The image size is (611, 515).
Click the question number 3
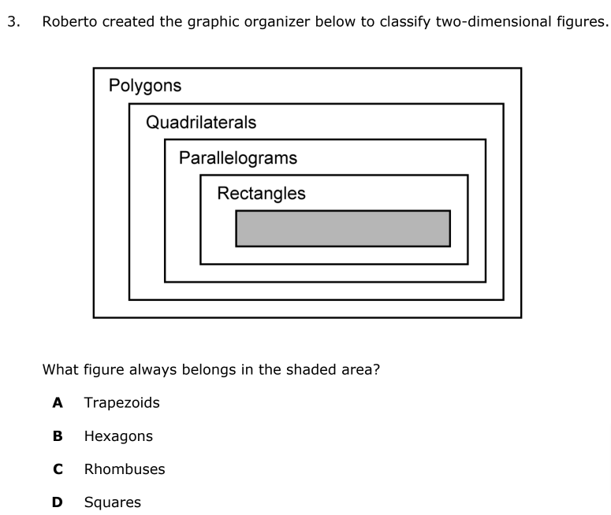11,22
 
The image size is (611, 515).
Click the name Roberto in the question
69,22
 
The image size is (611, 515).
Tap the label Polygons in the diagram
145,86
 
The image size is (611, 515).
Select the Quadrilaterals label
201,123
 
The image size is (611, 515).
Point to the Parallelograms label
238,157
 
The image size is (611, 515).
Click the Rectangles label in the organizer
261,193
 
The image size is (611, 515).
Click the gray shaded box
343,228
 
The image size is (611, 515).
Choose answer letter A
57,403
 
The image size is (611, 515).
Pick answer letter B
57,436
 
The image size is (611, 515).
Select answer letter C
57,469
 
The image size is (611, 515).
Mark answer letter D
57,502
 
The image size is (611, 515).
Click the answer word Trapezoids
121,403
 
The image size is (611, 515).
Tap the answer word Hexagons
118,436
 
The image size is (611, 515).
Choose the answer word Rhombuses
125,469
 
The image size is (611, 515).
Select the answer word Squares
113,502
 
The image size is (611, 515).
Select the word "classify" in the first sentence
408,22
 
